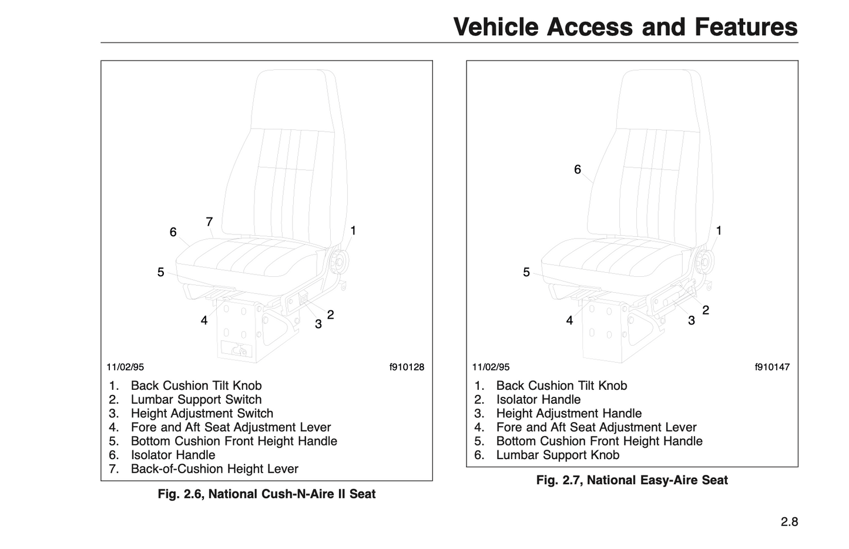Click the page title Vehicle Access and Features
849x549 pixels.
pyautogui.click(x=625, y=27)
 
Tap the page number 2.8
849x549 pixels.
pyautogui.click(x=789, y=521)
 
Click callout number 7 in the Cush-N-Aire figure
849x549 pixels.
pyautogui.click(x=209, y=222)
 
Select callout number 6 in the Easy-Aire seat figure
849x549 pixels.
pyautogui.click(x=578, y=170)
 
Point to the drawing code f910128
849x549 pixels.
pyautogui.click(x=407, y=367)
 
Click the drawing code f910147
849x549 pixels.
pyautogui.click(x=772, y=367)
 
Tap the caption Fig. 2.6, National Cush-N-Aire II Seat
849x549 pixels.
pyautogui.click(x=266, y=494)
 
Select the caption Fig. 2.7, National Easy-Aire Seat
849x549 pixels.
pyautogui.click(x=632, y=480)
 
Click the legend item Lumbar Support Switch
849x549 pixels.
pyautogui.click(x=196, y=400)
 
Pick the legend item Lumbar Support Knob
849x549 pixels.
pyautogui.click(x=558, y=455)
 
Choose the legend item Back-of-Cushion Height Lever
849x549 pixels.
pyautogui.click(x=214, y=469)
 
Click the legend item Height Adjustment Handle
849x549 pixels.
pyautogui.click(x=569, y=413)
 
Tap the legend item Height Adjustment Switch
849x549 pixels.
pyautogui.click(x=202, y=413)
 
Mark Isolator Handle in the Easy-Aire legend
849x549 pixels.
pyautogui.click(x=538, y=400)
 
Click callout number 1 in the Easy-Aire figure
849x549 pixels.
pyautogui.click(x=719, y=231)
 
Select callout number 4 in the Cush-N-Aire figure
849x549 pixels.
pyautogui.click(x=204, y=321)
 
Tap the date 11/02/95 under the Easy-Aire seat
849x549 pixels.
pyautogui.click(x=491, y=367)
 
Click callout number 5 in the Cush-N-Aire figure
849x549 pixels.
pyautogui.click(x=160, y=273)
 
